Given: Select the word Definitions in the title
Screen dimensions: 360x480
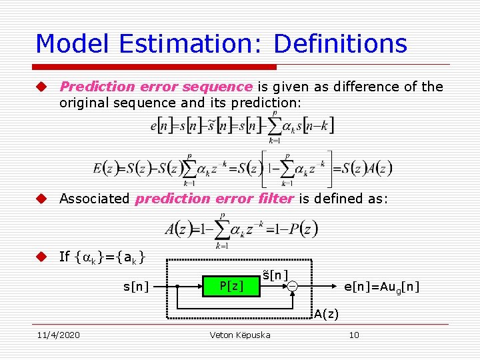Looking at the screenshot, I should point(340,44).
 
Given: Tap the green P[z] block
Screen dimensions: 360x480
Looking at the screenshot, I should point(231,286).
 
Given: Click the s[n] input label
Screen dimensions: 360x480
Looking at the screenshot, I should point(136,286).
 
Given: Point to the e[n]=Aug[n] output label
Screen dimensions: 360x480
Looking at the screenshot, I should point(381,286).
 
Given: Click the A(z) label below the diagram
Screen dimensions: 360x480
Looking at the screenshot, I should point(326,313).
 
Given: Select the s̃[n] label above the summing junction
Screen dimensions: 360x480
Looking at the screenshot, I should point(275,275).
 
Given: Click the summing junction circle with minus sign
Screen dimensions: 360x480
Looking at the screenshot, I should point(293,286).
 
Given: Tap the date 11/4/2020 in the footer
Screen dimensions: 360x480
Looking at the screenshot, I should point(58,335).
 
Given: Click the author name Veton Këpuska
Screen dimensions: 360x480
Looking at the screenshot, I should point(240,335).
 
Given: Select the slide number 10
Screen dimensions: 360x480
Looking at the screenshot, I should point(354,335).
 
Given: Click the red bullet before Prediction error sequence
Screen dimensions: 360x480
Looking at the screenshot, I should point(41,87).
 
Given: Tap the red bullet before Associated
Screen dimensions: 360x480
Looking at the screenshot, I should point(41,198).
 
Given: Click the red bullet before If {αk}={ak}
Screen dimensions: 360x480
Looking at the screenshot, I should point(41,256).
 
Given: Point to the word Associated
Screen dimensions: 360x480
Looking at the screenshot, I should point(94,198).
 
